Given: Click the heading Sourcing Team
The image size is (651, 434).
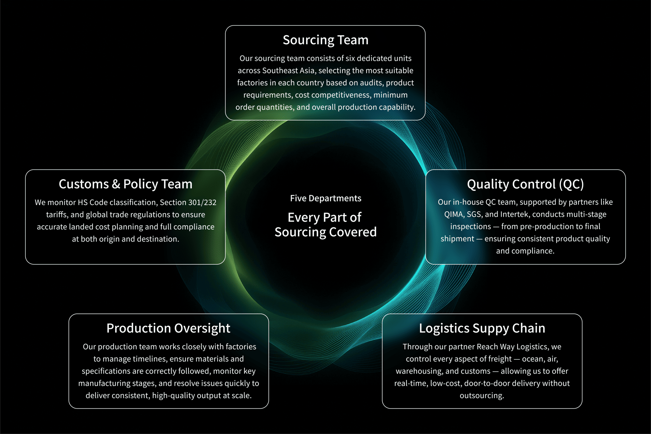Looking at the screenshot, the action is tap(325, 40).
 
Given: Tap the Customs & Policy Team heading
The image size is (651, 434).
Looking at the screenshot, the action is tap(126, 184).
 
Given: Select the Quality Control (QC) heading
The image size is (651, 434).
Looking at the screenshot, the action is tap(525, 184).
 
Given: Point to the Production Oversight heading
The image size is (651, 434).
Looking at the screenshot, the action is tap(168, 328).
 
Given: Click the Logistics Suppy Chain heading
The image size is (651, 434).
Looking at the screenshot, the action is tap(482, 328).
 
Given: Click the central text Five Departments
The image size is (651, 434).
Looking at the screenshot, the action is tap(325, 198).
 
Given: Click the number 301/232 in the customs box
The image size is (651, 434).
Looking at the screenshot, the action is tap(202, 203).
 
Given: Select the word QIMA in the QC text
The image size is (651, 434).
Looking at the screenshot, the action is tap(454, 215).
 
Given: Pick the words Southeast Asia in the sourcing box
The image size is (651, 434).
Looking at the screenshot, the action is tap(289, 71).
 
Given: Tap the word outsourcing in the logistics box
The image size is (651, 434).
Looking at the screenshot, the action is tap(482, 396).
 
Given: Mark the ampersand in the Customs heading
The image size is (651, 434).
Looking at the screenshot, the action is tap(116, 184).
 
